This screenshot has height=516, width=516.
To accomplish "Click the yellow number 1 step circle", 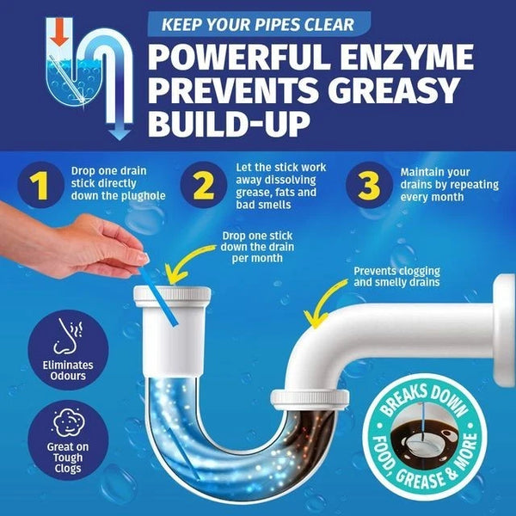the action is point(40,185).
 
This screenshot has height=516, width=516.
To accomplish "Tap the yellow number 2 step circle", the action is point(204,185).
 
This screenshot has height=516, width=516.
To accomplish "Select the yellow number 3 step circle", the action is point(369,185).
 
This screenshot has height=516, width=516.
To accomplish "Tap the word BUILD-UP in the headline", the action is point(229,124).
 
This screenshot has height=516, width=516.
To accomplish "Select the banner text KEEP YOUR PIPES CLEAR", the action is point(258,25).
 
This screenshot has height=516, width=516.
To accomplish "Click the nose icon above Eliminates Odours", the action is point(67,336).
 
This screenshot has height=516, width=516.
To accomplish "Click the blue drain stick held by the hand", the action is point(159,295).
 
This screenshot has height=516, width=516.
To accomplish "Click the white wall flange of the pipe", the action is point(504,330).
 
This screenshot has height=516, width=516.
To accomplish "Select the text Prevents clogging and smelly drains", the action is point(396,277).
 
